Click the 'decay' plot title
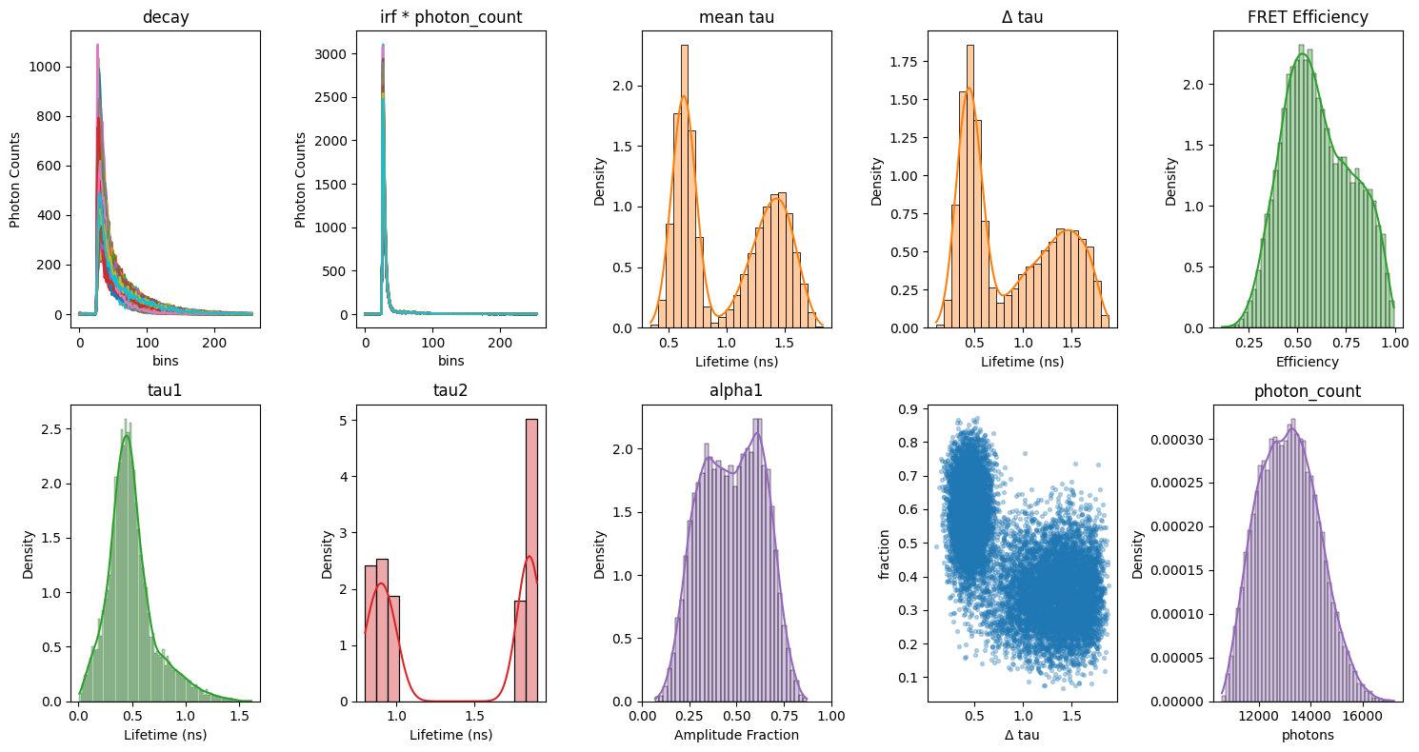(x=166, y=17)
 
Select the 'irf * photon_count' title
(x=451, y=17)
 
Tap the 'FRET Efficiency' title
(x=1308, y=17)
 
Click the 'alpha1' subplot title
(x=736, y=390)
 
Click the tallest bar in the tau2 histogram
(x=531, y=561)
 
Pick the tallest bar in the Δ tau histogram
(x=970, y=187)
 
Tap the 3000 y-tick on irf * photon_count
(x=330, y=54)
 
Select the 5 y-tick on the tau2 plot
(x=344, y=421)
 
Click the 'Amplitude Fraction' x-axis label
(x=736, y=735)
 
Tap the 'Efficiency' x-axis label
(x=1308, y=362)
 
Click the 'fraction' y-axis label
(x=885, y=555)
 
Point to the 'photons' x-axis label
(x=1308, y=736)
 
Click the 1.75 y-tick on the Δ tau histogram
(x=904, y=62)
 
